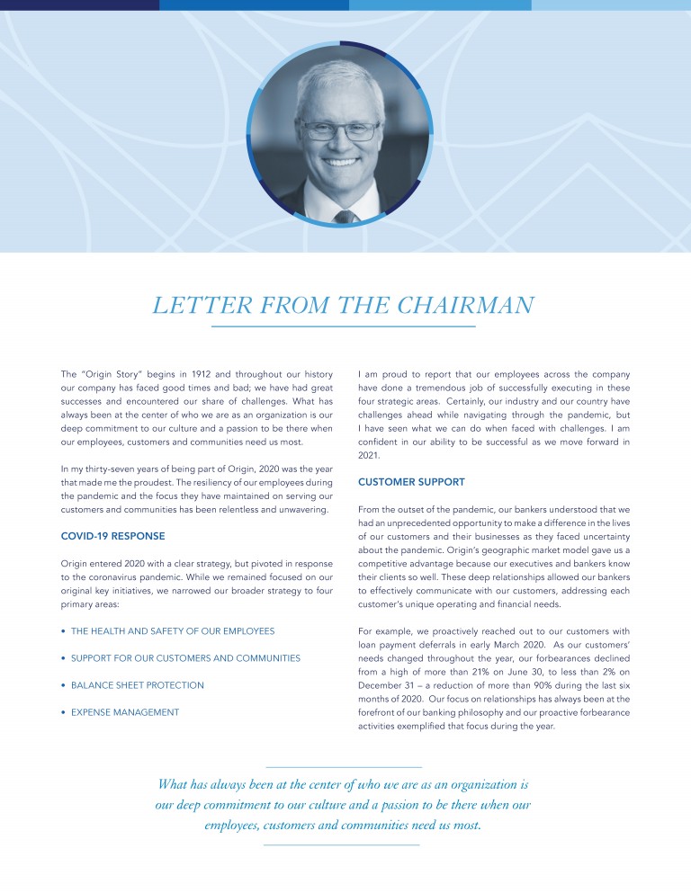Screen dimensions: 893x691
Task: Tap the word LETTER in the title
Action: click(190, 306)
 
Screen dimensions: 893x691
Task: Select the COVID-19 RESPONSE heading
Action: click(112, 536)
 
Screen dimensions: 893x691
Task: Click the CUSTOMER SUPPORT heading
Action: click(411, 482)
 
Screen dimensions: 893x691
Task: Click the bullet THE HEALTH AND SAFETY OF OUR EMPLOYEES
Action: click(173, 631)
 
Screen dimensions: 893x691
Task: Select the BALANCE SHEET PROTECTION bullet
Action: click(137, 685)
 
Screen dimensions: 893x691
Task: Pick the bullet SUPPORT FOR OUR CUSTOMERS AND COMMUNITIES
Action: click(185, 658)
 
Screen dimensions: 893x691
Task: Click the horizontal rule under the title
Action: click(343, 326)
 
